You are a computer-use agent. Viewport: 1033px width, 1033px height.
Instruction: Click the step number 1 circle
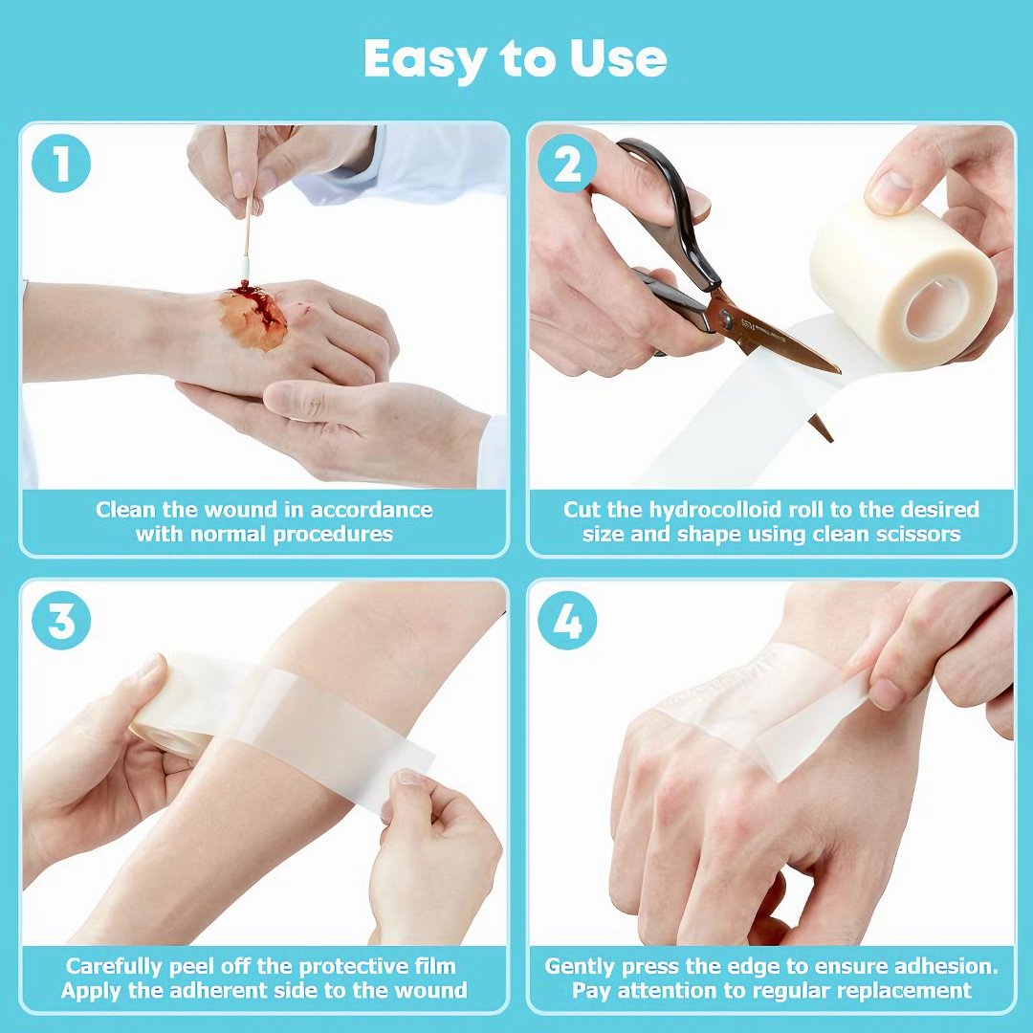(x=60, y=164)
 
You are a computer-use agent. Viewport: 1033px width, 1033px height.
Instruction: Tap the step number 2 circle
(x=567, y=164)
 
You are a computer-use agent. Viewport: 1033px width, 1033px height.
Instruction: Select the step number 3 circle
(x=60, y=622)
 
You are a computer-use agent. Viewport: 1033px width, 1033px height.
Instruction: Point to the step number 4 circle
(x=567, y=622)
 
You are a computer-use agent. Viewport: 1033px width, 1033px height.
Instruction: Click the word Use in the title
(x=617, y=58)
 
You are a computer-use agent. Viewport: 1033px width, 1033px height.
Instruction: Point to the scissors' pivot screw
(x=725, y=319)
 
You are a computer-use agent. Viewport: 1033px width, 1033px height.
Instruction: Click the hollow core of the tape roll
(x=931, y=308)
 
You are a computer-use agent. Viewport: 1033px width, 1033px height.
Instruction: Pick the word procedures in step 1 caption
(x=333, y=535)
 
